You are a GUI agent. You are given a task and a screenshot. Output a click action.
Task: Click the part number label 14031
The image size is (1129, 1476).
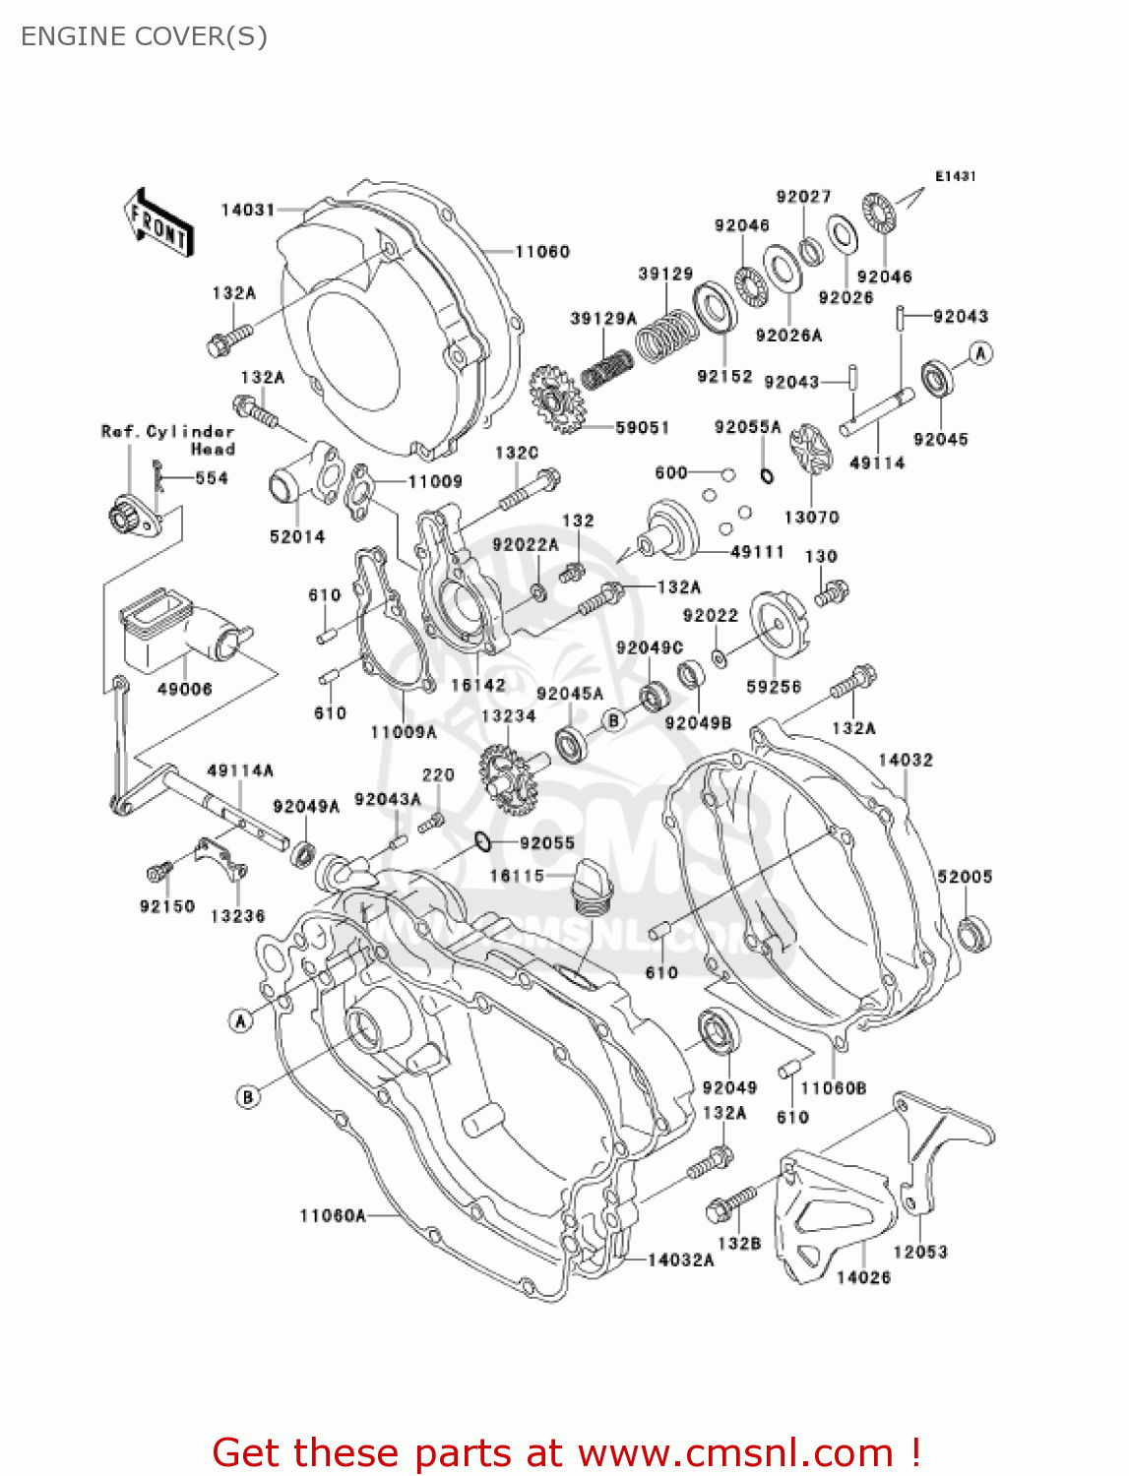247,210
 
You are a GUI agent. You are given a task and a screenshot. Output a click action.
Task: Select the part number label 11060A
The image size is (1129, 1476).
333,1216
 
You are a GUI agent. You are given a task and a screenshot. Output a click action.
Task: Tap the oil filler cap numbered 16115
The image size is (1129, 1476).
593,886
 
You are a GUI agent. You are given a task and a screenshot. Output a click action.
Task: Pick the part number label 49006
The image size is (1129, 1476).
184,689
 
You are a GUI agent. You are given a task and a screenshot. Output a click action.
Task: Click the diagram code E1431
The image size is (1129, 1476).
955,176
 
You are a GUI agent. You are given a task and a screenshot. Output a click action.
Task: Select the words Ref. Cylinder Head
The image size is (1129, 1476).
168,440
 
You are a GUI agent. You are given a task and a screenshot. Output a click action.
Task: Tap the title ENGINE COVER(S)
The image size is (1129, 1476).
144,36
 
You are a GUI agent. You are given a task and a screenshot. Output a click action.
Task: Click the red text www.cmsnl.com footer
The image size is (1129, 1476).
566,1452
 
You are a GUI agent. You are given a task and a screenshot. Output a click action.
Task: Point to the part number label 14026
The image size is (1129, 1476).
863,1277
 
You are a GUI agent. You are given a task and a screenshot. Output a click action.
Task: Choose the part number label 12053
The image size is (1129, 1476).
920,1252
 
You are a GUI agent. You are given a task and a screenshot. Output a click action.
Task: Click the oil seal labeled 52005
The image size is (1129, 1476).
974,933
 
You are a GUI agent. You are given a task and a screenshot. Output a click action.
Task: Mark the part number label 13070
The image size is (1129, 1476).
811,517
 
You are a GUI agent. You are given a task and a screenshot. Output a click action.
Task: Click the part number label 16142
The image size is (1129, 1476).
478,685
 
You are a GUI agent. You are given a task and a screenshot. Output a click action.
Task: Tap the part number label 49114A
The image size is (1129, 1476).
240,770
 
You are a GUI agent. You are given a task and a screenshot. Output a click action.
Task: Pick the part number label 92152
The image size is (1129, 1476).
724,376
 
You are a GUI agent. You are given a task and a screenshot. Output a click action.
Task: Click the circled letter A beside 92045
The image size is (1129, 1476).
980,353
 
